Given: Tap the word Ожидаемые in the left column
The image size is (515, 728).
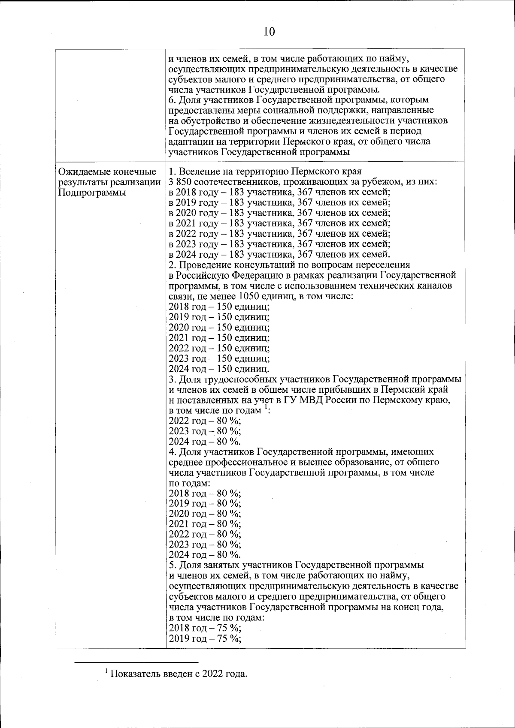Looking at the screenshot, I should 82,172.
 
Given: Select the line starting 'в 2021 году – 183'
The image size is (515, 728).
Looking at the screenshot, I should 279,223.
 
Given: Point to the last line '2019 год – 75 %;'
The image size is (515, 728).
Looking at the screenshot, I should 205,638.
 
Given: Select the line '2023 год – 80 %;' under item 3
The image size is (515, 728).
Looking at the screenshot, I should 205,431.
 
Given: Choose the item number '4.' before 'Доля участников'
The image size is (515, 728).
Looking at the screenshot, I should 172,452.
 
